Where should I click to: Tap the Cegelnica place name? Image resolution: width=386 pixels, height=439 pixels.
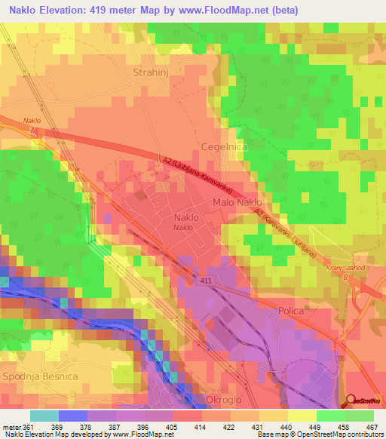pyautogui.click(x=224, y=149)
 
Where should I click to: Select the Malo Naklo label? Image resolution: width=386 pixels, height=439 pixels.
pyautogui.click(x=237, y=203)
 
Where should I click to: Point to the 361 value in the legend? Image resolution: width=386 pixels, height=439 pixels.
pyautogui.click(x=29, y=425)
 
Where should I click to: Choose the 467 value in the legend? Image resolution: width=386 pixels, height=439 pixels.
pyautogui.click(x=372, y=425)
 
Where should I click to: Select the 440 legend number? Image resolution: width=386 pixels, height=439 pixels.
pyautogui.click(x=286, y=425)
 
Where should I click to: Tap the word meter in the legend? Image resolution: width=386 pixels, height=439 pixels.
pyautogui.click(x=11, y=425)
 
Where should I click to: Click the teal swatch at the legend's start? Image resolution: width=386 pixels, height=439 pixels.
pyautogui.click(x=44, y=415)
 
